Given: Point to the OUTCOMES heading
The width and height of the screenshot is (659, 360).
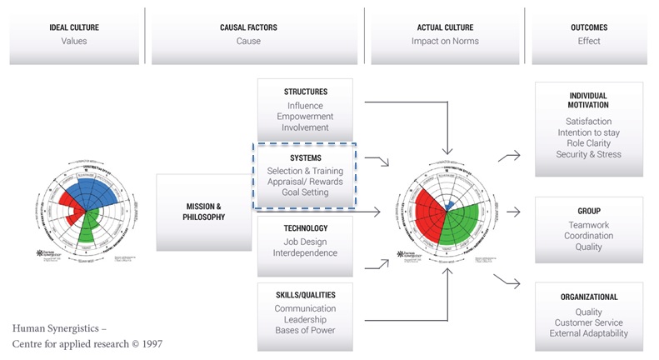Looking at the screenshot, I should tap(589, 27).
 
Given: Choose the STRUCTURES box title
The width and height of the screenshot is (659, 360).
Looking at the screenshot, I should tap(305, 92).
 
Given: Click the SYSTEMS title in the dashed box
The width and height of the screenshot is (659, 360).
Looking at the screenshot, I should tap(305, 157).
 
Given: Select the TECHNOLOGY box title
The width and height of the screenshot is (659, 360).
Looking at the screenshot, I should tap(305, 227).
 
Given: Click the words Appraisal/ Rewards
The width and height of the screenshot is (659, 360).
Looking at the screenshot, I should tap(305, 182).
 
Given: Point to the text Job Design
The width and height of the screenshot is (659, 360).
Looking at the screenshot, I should tap(305, 241).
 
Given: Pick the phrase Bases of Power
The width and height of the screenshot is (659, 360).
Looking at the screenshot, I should tap(305, 332).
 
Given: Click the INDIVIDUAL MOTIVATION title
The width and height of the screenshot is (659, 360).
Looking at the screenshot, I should tap(589, 101).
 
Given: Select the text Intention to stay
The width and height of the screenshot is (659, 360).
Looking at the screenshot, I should tap(589, 132).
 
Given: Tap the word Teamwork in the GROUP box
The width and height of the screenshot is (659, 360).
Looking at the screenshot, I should tap(589, 225).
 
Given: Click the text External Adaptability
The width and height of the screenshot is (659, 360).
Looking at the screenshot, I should tap(589, 333).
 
